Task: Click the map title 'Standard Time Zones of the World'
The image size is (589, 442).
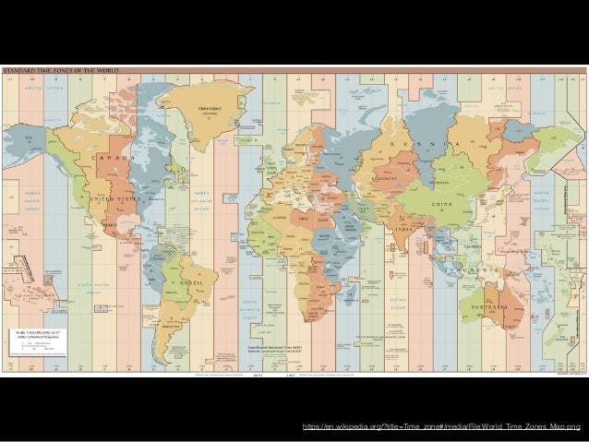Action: pyautogui.click(x=48, y=70)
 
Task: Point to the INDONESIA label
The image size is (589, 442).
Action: pyautogui.click(x=480, y=269)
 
